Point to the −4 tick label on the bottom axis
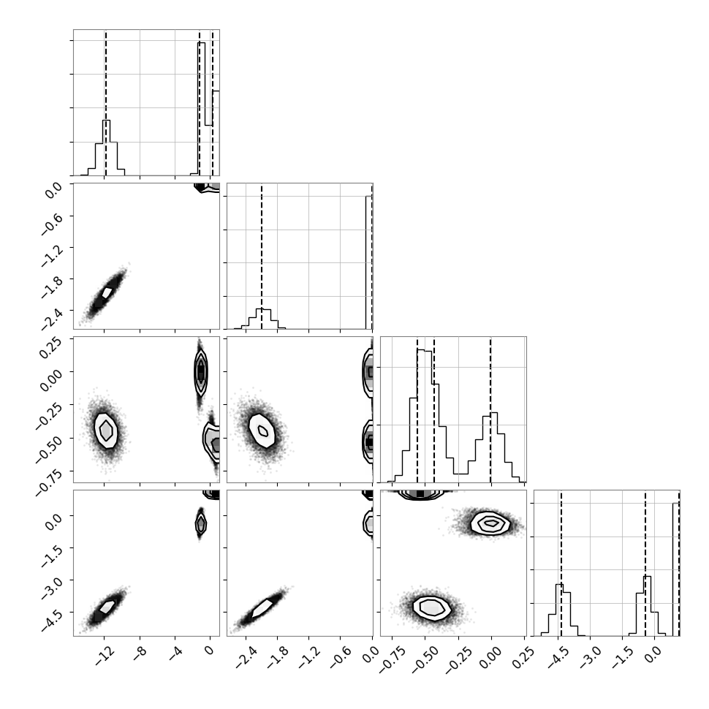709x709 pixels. (175, 654)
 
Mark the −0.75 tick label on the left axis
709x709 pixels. (48, 477)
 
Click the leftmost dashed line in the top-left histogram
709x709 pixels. (105, 102)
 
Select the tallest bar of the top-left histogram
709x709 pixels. (202, 109)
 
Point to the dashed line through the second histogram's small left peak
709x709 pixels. (262, 257)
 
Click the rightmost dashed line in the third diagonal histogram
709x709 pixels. (490, 409)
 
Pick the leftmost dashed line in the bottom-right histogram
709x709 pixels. (561, 564)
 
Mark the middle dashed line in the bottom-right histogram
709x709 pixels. (645, 564)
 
